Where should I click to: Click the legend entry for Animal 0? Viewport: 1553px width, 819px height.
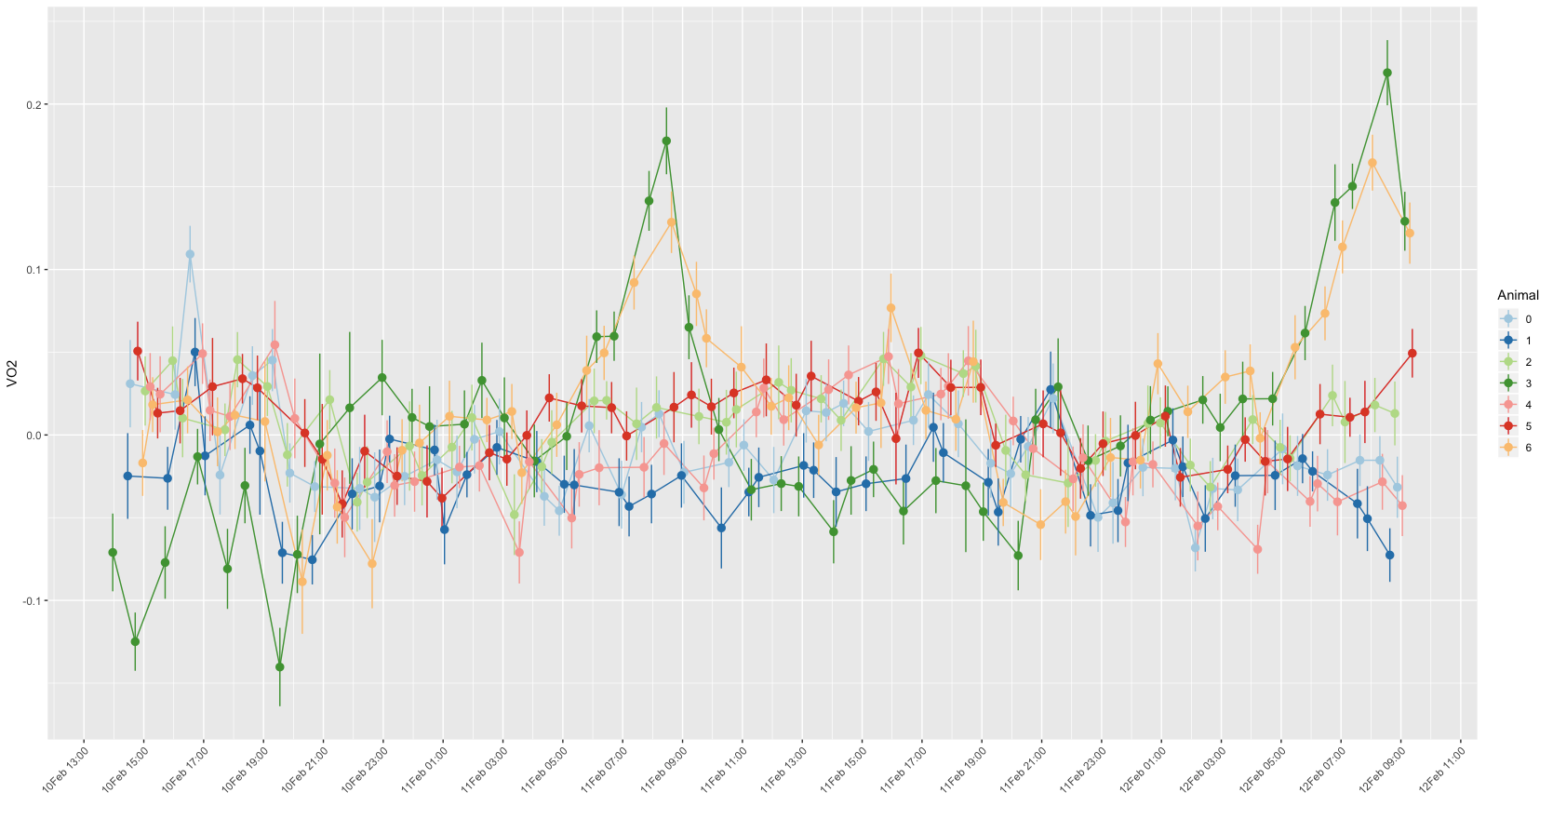[x=1527, y=319]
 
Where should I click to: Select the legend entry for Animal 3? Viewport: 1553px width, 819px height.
[x=1527, y=383]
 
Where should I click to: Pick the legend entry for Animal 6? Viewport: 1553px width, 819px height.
[x=1527, y=448]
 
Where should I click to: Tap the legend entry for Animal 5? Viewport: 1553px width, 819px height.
[x=1527, y=426]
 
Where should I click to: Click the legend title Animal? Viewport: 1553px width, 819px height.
[x=1517, y=295]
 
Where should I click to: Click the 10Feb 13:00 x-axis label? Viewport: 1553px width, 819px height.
[x=67, y=768]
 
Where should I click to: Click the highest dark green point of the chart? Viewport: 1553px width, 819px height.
[x=1387, y=73]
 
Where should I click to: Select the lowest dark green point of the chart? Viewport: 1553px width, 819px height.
[x=279, y=666]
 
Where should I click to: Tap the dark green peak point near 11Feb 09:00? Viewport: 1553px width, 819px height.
[x=666, y=141]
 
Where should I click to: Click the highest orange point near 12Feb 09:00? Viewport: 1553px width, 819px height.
[x=1372, y=163]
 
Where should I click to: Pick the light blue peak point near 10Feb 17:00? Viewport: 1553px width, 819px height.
[x=190, y=254]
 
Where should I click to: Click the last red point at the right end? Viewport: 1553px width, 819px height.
[x=1412, y=354]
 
